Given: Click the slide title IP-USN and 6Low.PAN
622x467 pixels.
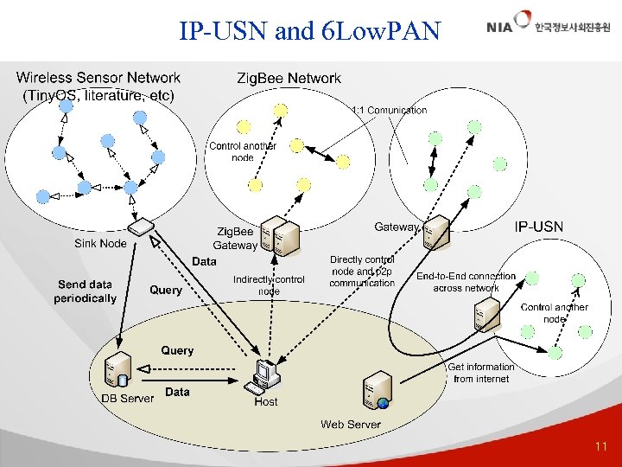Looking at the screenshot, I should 309,32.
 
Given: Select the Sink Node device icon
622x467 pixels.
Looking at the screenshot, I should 139,227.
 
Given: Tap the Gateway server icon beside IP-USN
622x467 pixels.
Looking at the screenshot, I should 437,231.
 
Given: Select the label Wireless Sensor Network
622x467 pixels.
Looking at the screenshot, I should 98,79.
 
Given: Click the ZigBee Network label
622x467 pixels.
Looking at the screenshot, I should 289,79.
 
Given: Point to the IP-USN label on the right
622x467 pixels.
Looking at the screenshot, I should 539,227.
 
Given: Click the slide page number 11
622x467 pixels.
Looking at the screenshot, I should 601,447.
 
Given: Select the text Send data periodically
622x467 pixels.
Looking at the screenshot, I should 85,291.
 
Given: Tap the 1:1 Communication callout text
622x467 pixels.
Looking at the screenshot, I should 389,110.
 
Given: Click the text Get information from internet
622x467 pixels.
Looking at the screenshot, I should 480,373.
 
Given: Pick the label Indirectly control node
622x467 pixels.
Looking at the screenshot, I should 269,285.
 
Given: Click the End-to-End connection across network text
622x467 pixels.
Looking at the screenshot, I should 466,282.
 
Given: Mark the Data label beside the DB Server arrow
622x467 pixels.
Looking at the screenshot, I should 177,392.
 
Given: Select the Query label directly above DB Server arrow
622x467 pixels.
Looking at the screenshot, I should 177,350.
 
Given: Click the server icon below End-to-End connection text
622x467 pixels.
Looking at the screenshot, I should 487,312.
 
